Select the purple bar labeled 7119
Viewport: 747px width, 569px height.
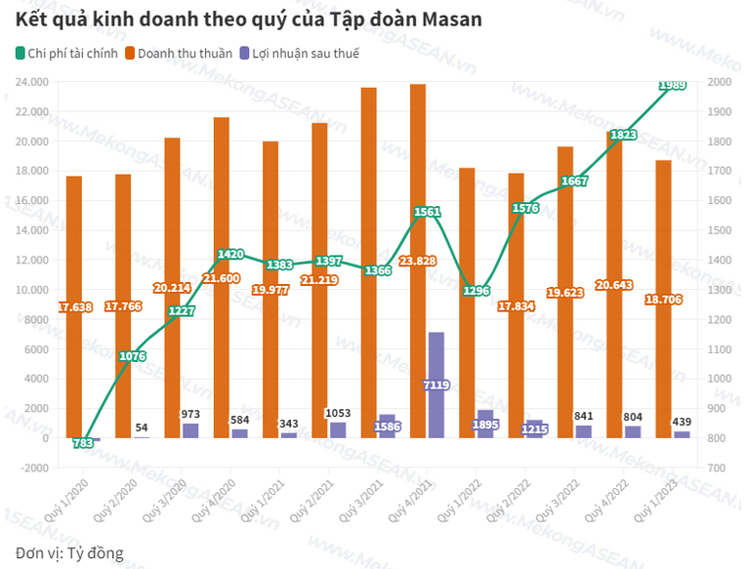tap(436, 385)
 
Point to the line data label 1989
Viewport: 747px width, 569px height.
tap(672, 86)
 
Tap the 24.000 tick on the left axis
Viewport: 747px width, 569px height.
tap(33, 82)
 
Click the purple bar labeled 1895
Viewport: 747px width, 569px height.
tap(484, 424)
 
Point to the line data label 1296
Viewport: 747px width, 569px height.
tap(476, 291)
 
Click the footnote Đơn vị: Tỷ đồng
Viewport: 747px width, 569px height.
tap(70, 553)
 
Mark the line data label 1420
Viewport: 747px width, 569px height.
tap(230, 254)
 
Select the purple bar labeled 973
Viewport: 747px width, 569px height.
tap(190, 430)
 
